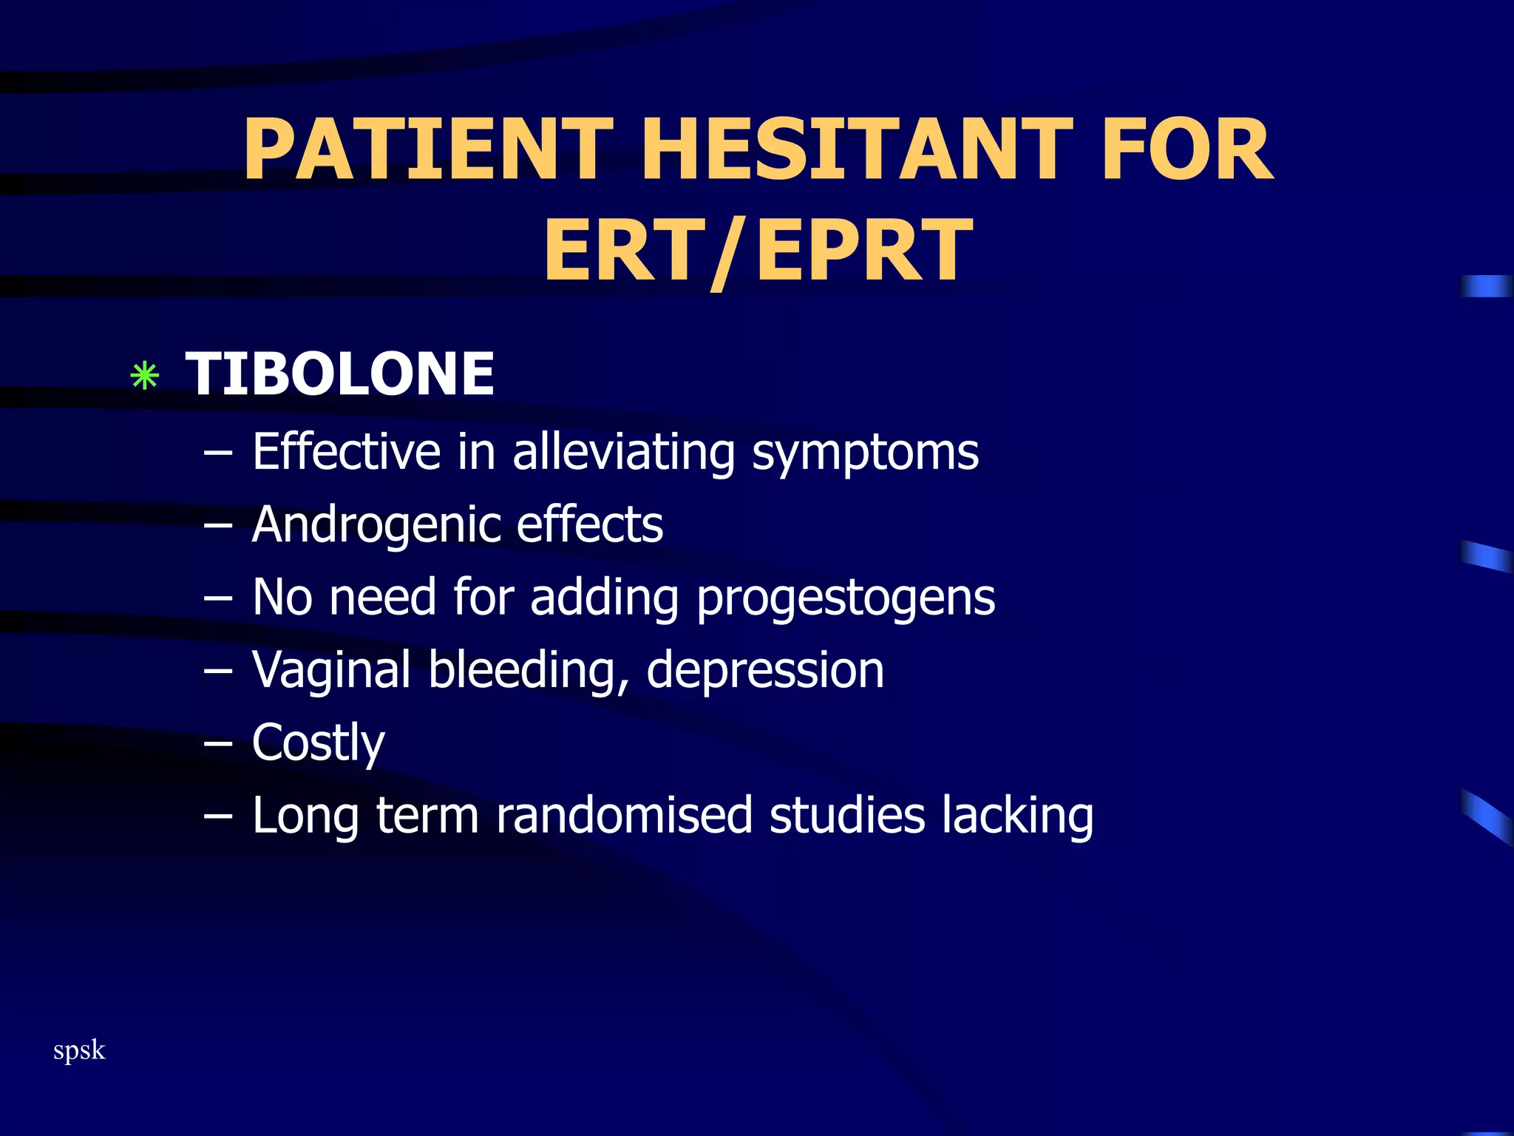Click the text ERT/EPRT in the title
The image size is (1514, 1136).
click(x=758, y=251)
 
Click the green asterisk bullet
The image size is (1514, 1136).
click(x=144, y=376)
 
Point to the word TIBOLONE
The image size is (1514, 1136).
click(x=340, y=373)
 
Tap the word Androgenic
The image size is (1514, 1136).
click(x=375, y=525)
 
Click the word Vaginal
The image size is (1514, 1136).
click(x=331, y=670)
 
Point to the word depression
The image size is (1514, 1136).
click(x=765, y=670)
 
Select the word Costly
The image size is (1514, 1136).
click(x=319, y=743)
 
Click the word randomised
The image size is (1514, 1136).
click(x=624, y=815)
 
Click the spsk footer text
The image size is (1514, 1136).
click(x=79, y=1050)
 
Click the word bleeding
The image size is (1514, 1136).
click(x=528, y=670)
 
